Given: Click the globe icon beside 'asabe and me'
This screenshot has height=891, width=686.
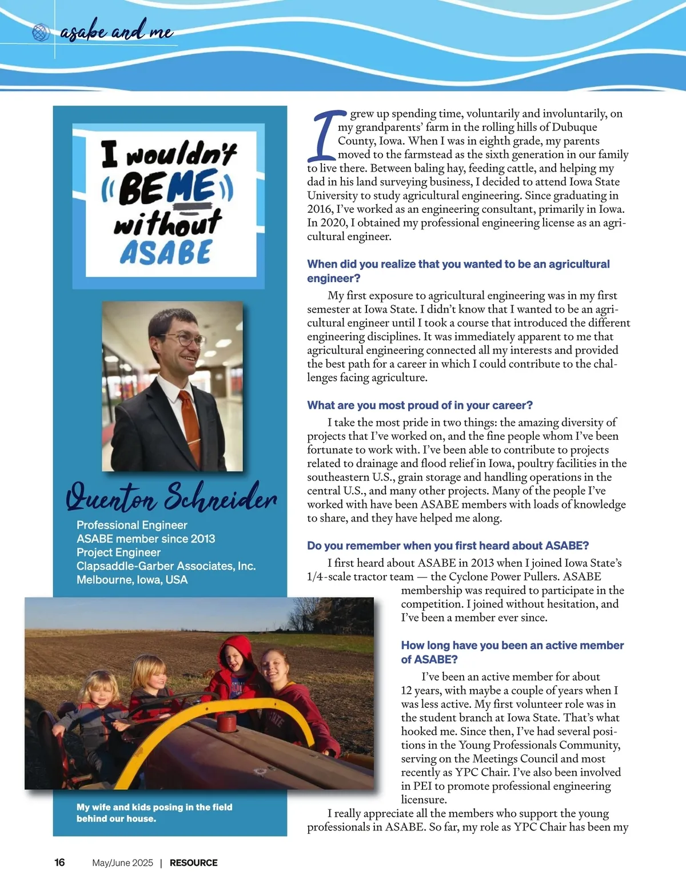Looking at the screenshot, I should tap(41, 33).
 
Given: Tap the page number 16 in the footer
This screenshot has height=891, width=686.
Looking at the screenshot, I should tap(59, 862).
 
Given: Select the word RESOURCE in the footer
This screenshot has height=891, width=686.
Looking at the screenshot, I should tap(193, 862).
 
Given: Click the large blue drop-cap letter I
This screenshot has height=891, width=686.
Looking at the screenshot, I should tap(325, 136).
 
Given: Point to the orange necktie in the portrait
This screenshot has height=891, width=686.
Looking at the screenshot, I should tap(189, 423).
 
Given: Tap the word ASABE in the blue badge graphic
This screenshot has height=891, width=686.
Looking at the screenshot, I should tap(166, 252).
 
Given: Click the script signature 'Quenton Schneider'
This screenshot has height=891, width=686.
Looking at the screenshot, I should tap(171, 496).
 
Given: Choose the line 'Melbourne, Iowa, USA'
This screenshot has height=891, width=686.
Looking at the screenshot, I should tap(132, 579).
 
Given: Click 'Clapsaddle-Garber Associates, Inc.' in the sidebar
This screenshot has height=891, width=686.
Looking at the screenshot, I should tap(166, 566).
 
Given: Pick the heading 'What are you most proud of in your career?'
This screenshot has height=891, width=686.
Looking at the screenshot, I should tap(420, 405).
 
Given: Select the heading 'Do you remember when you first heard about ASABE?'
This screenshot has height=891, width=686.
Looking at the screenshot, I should tap(448, 546).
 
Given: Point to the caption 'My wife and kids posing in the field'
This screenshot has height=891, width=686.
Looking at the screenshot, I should tap(154, 807).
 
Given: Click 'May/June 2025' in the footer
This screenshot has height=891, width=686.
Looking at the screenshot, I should tap(122, 862).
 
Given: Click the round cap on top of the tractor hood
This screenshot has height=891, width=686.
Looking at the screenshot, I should tap(228, 722).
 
